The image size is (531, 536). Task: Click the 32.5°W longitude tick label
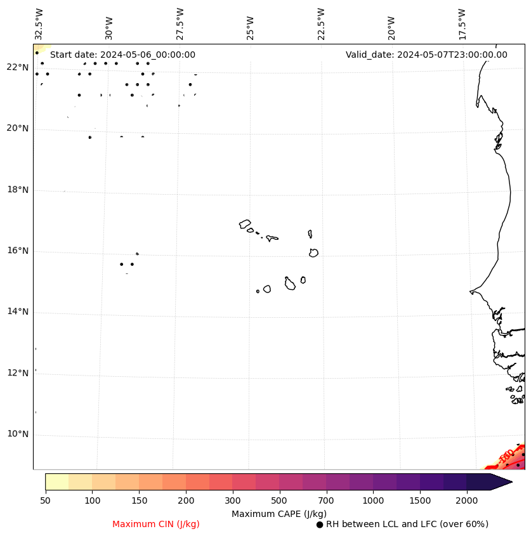click(39, 23)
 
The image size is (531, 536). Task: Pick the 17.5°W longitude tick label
click(462, 23)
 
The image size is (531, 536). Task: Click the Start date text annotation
click(122, 55)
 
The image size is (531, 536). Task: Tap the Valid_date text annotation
click(426, 55)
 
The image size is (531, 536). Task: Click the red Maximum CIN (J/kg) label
click(156, 524)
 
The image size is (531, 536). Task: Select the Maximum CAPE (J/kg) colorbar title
click(279, 513)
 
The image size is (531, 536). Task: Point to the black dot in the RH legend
click(320, 525)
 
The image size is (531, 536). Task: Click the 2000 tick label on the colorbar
click(467, 500)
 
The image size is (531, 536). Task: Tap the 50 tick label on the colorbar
click(45, 500)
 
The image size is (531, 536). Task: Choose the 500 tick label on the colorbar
click(279, 500)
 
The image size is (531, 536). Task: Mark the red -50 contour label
click(506, 455)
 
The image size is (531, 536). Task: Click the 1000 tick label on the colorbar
click(373, 500)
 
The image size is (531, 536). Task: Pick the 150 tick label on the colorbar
click(139, 500)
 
